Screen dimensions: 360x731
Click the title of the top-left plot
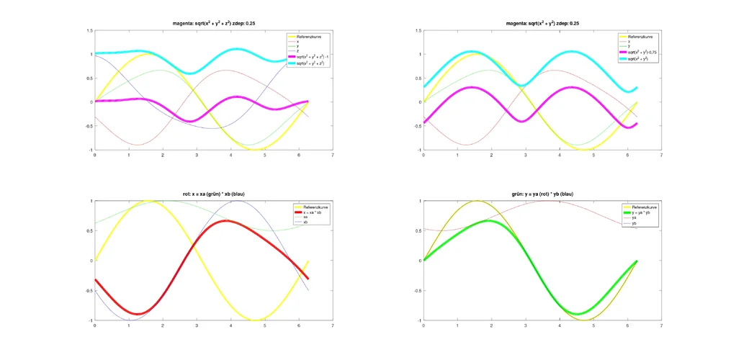click(213, 24)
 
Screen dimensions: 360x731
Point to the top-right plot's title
click(542, 24)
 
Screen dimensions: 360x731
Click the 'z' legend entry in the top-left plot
click(298, 50)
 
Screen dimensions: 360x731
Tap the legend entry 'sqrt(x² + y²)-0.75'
click(643, 53)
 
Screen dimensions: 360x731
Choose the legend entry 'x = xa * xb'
click(313, 212)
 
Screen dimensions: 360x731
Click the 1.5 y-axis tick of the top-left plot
click(89, 30)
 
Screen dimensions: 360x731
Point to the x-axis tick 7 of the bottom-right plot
click(660, 325)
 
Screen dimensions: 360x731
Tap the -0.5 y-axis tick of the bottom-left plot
click(89, 291)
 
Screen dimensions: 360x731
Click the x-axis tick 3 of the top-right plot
click(525, 155)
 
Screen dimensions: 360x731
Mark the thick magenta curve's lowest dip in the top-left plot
click(189, 121)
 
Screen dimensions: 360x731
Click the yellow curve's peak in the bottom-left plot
click(148, 201)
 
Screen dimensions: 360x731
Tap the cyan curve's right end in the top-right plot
click(637, 88)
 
